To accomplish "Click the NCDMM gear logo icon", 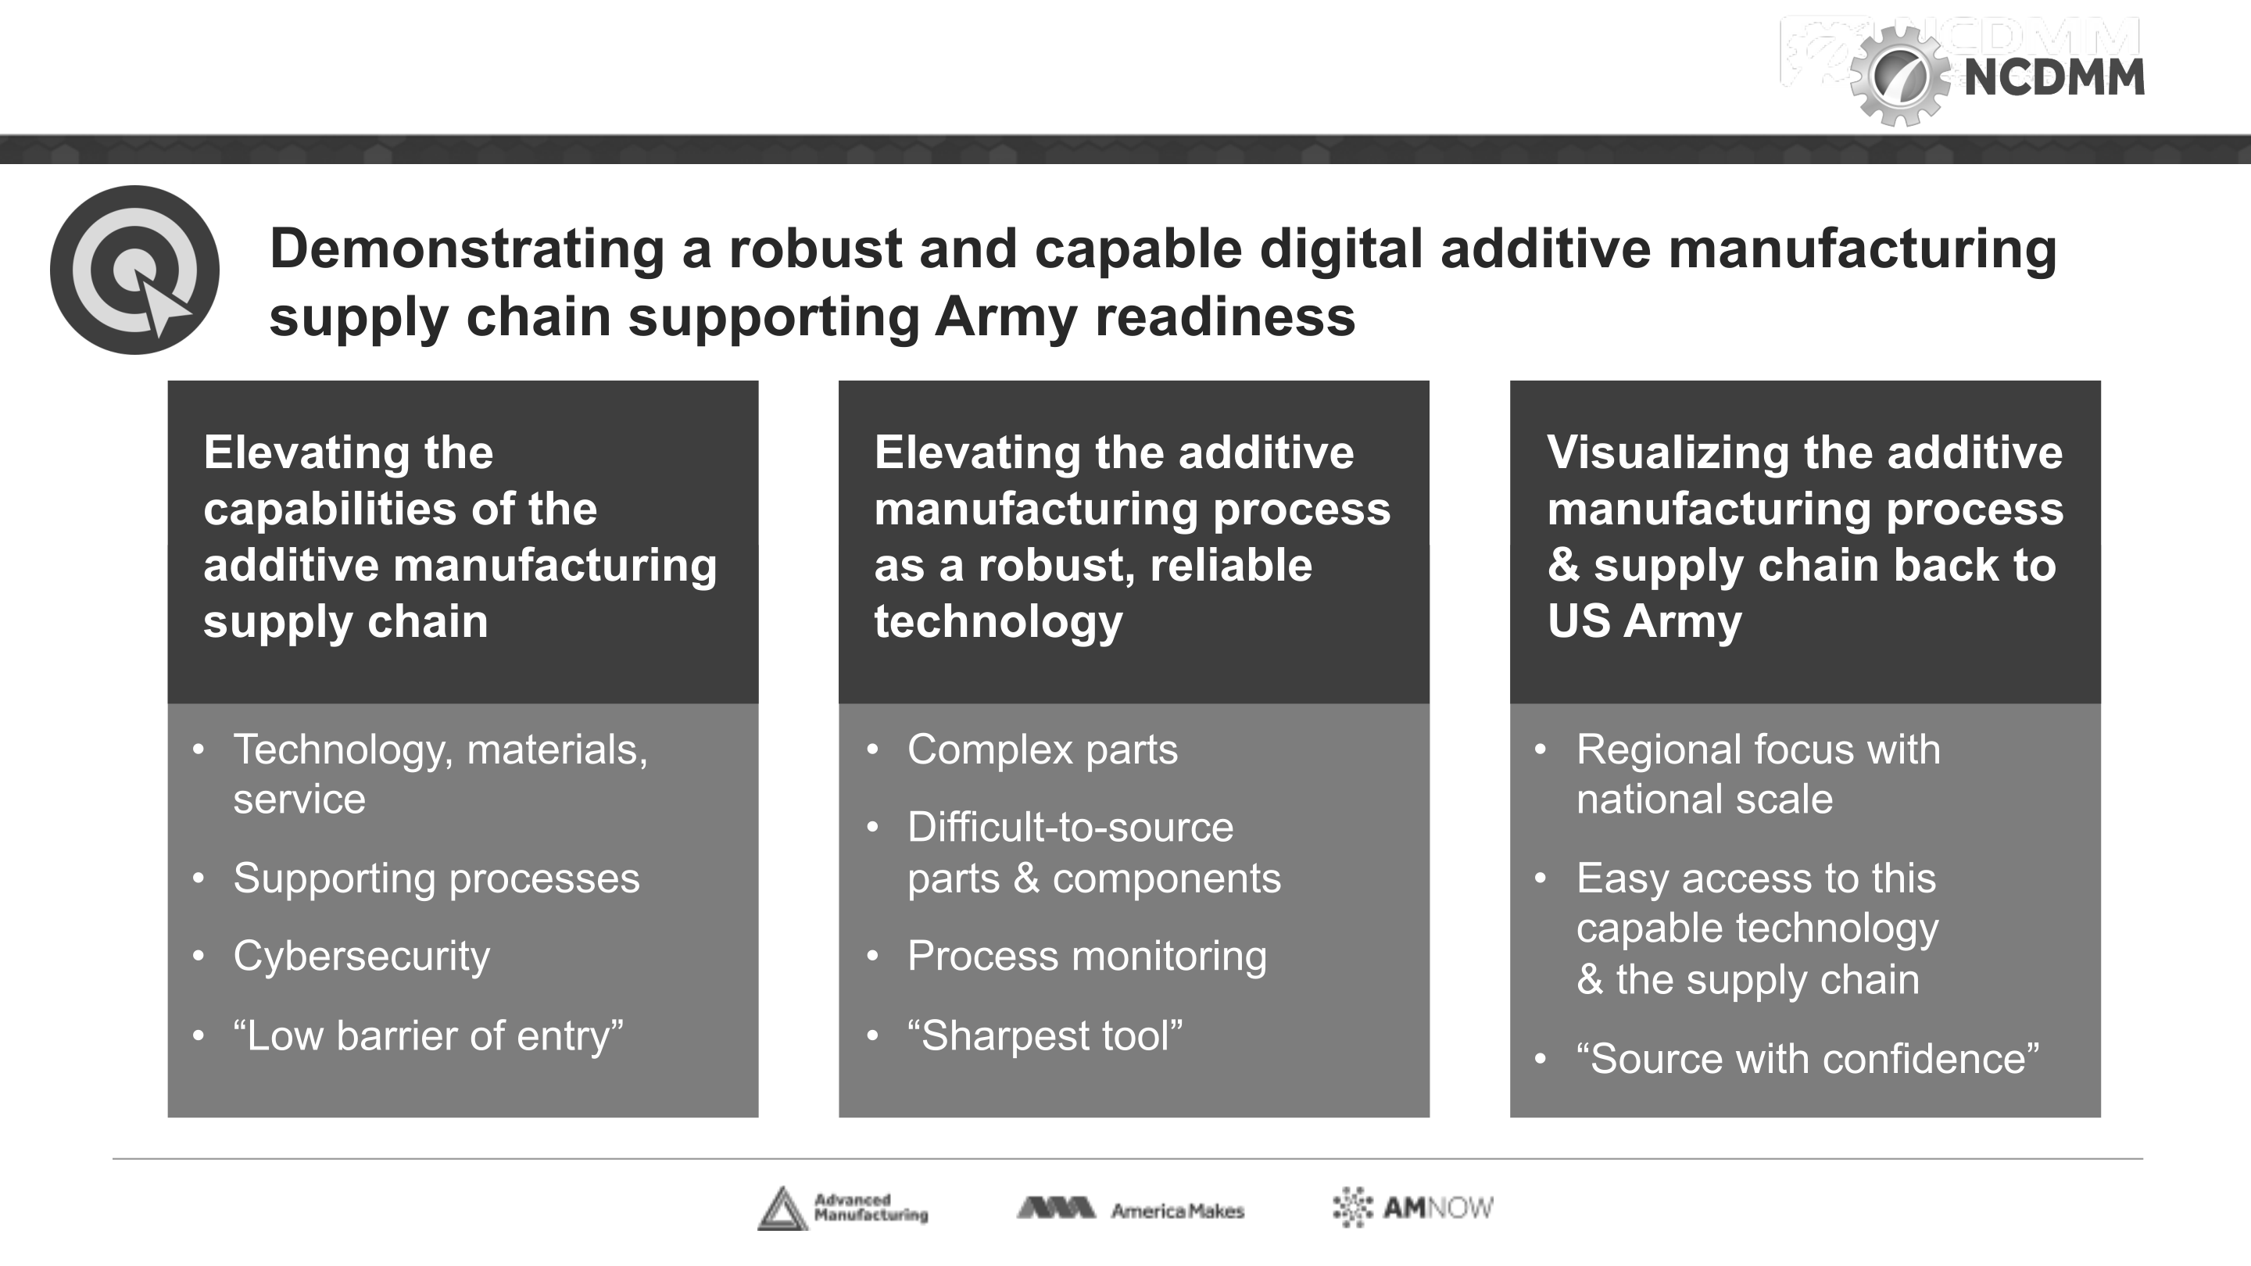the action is [1898, 77].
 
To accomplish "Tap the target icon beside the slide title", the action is [134, 270].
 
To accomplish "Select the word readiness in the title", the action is [1225, 316].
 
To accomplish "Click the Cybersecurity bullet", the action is [361, 957].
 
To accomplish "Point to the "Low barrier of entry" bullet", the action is [428, 1036].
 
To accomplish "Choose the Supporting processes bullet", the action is [436, 879].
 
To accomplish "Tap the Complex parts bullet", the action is [1043, 749].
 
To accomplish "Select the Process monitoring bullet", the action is [1087, 957].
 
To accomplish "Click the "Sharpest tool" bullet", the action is [1045, 1036].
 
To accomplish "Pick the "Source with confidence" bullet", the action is [1808, 1059].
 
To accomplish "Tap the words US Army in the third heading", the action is [1644, 621].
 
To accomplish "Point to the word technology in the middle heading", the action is [998, 622].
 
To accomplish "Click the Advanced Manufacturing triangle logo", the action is [782, 1209].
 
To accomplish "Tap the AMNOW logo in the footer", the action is [1413, 1208].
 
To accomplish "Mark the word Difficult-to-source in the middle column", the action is [1071, 828].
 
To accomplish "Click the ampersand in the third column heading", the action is [1563, 566].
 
